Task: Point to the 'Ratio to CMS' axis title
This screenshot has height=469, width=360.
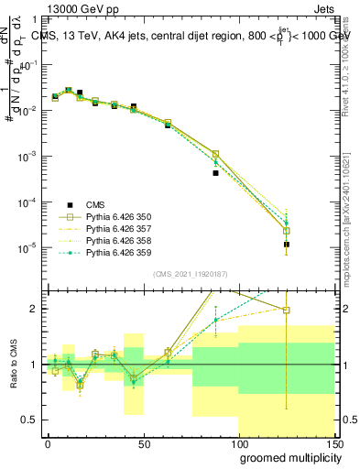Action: point(12,376)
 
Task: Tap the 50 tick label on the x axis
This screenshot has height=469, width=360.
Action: point(143,442)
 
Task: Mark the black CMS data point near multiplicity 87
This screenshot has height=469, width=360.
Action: point(215,172)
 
